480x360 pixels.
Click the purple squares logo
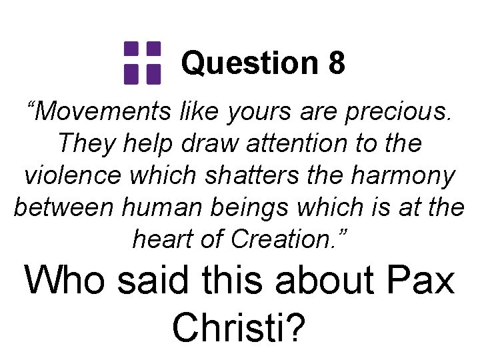143,63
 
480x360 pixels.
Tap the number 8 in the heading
336,63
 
